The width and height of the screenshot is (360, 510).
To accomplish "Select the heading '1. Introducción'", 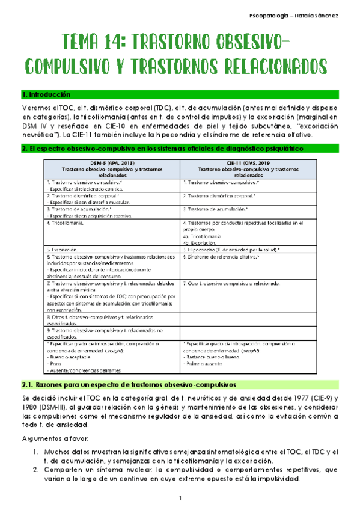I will pyautogui.click(x=46, y=94).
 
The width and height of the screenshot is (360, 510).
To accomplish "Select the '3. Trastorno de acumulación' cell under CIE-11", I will pyautogui.click(x=216, y=209).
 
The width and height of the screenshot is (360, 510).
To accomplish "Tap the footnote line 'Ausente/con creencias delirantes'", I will pyautogui.click(x=85, y=370).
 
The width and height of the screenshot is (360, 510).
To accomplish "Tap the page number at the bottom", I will pyautogui.click(x=180, y=498).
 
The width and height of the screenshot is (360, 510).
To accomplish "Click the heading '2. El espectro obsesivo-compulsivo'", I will pyautogui.click(x=163, y=148).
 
